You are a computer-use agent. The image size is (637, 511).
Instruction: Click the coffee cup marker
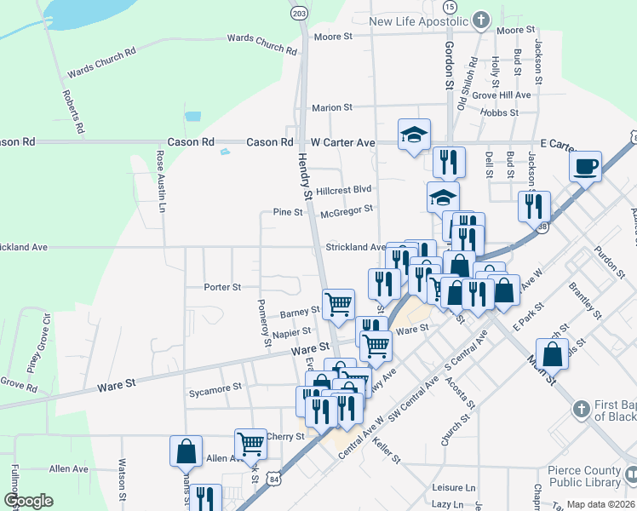point(586,166)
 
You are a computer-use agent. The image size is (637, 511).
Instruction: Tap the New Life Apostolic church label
point(419,20)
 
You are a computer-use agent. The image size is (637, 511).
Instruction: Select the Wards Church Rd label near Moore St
point(262,43)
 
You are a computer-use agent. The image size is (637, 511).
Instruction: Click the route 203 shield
point(299,13)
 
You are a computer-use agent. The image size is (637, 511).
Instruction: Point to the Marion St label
point(331,108)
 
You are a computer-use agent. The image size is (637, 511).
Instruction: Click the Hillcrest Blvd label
point(344,189)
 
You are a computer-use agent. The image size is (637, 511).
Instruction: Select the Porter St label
point(223,287)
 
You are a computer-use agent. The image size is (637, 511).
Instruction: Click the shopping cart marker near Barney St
point(339,302)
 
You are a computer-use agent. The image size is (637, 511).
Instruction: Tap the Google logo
point(29,501)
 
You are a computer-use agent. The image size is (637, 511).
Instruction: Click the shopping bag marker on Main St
point(553,352)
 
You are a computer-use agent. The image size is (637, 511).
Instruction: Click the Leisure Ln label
point(453,488)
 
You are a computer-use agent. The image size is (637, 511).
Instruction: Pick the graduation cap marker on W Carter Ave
point(415,134)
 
